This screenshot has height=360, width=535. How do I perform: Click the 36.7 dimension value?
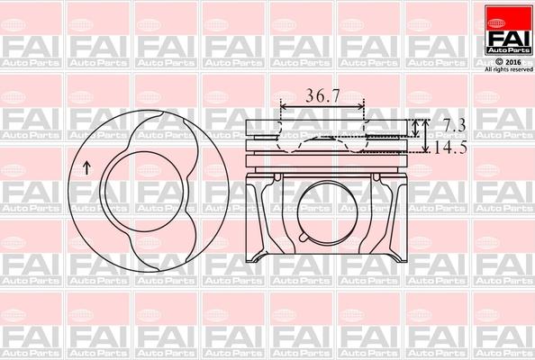(x=322, y=94)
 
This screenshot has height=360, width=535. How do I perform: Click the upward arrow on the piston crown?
(x=86, y=166)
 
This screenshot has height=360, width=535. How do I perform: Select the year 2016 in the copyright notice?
(x=512, y=61)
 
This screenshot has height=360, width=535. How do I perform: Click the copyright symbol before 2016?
(x=500, y=61)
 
